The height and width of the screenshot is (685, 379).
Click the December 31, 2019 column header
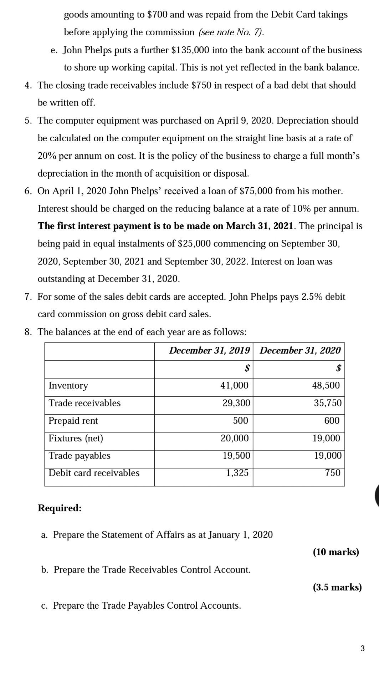pyautogui.click(x=209, y=350)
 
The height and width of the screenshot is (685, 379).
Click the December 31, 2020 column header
pyautogui.click(x=300, y=350)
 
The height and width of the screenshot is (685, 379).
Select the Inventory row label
pyautogui.click(x=68, y=385)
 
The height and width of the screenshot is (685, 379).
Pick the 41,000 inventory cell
pyautogui.click(x=234, y=385)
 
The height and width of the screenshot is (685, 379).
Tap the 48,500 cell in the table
pyautogui.click(x=326, y=385)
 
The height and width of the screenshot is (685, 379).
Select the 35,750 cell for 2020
pyautogui.click(x=328, y=403)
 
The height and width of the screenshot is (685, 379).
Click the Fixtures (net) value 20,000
pyautogui.click(x=235, y=438)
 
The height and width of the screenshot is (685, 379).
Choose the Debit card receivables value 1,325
pyautogui.click(x=237, y=473)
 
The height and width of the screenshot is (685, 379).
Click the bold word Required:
pyautogui.click(x=60, y=508)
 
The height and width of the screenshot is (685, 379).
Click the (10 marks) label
pyautogui.click(x=336, y=552)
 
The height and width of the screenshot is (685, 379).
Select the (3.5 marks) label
pyautogui.click(x=337, y=587)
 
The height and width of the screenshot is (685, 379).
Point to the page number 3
pyautogui.click(x=363, y=648)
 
